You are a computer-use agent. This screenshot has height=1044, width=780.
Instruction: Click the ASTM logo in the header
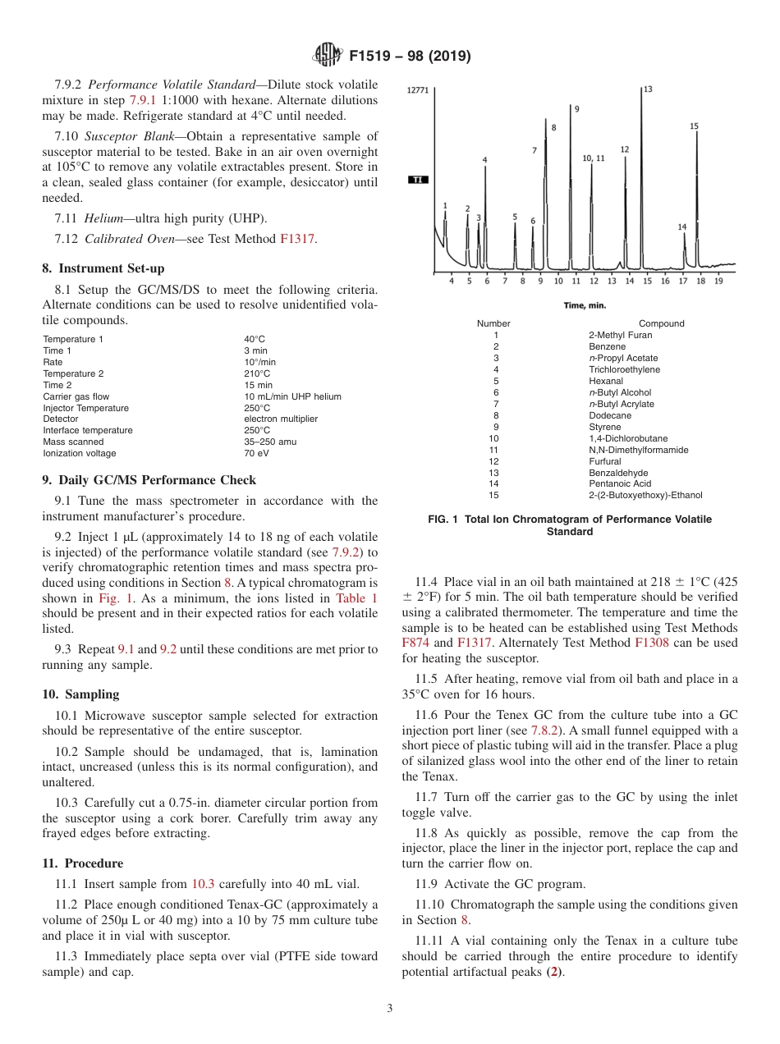pos(328,56)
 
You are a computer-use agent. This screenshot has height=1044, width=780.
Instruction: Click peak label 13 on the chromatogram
pos(648,89)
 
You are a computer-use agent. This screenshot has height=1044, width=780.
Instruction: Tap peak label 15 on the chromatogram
pos(694,126)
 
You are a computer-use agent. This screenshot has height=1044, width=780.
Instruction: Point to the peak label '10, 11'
pos(594,158)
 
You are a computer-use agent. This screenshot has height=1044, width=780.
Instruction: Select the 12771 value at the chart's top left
pos(418,90)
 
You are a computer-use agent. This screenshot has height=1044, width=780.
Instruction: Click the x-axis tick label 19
pos(718,281)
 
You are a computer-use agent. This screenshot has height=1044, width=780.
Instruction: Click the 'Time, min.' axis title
pos(585,304)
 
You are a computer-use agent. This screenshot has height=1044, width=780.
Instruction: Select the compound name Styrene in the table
pos(604,427)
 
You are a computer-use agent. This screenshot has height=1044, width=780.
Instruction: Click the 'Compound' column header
pos(661,323)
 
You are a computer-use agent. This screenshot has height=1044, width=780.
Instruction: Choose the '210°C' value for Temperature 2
pos(257,373)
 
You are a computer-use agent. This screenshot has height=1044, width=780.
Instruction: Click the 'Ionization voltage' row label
pos(80,453)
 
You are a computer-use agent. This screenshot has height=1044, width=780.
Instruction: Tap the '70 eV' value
pos(256,453)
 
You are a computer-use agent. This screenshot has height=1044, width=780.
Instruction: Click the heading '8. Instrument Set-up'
pos(103,268)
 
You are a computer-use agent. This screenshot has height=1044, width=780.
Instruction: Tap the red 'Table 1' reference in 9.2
pos(357,599)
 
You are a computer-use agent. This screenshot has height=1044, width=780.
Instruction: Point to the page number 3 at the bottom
pos(390,1008)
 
